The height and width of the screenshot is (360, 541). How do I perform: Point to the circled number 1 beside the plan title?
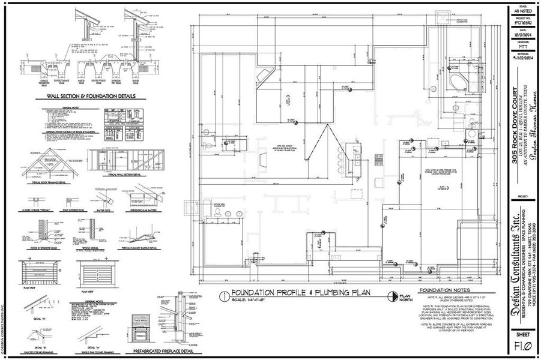222,295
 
